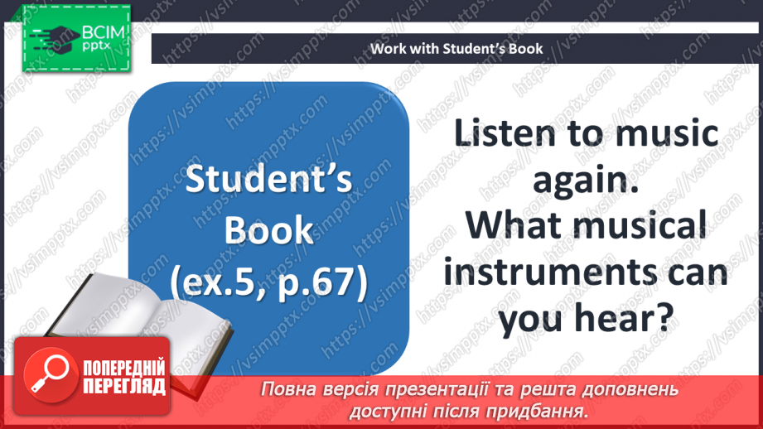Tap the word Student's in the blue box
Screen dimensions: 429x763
click(268, 181)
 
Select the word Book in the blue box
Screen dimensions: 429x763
click(268, 232)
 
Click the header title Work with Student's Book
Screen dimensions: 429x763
click(456, 48)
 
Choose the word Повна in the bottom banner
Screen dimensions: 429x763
click(287, 389)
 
